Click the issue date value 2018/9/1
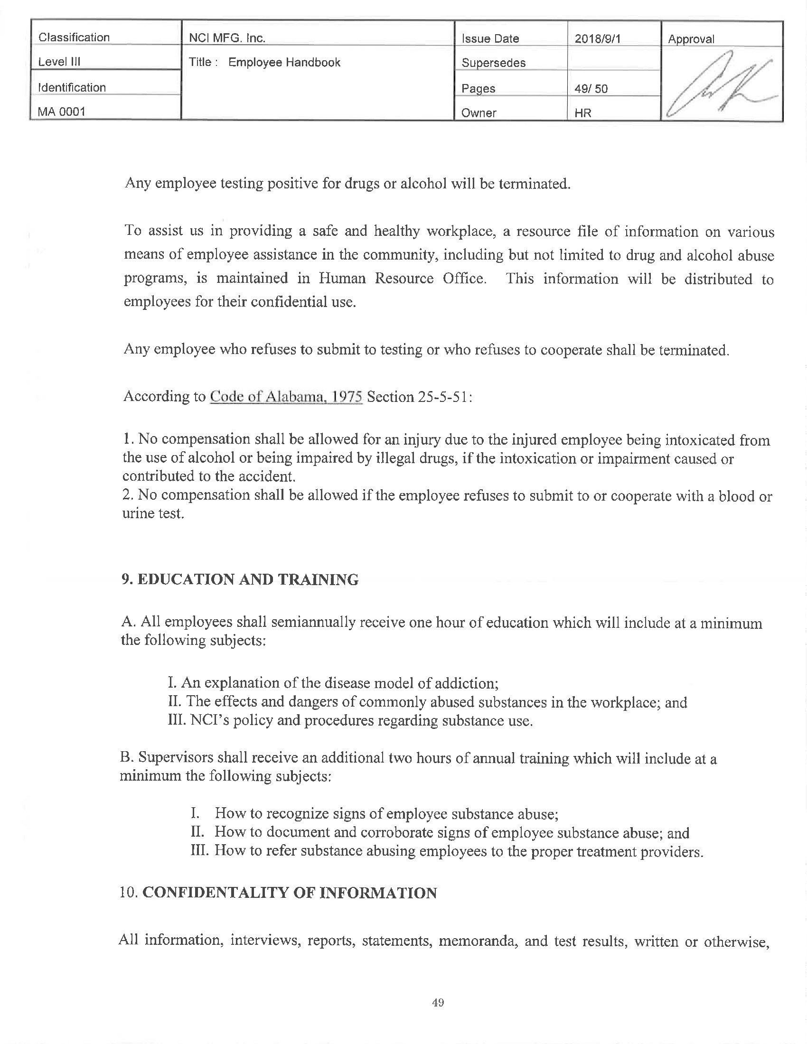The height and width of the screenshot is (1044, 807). click(597, 39)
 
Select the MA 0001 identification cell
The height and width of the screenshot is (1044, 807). click(62, 112)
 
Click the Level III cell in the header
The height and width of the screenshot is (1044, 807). click(59, 62)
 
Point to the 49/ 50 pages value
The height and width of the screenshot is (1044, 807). click(591, 89)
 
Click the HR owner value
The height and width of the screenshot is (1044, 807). click(583, 113)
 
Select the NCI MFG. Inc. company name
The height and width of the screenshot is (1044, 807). click(227, 38)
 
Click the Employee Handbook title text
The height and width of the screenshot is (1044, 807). click(284, 63)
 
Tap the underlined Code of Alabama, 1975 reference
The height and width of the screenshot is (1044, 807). click(286, 397)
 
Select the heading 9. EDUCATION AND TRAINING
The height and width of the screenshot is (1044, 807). click(240, 579)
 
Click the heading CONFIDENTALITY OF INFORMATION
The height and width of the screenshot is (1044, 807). click(290, 893)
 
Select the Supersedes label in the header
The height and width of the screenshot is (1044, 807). click(493, 63)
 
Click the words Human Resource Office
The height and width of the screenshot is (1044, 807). click(402, 279)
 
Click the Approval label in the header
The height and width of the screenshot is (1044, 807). click(691, 39)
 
